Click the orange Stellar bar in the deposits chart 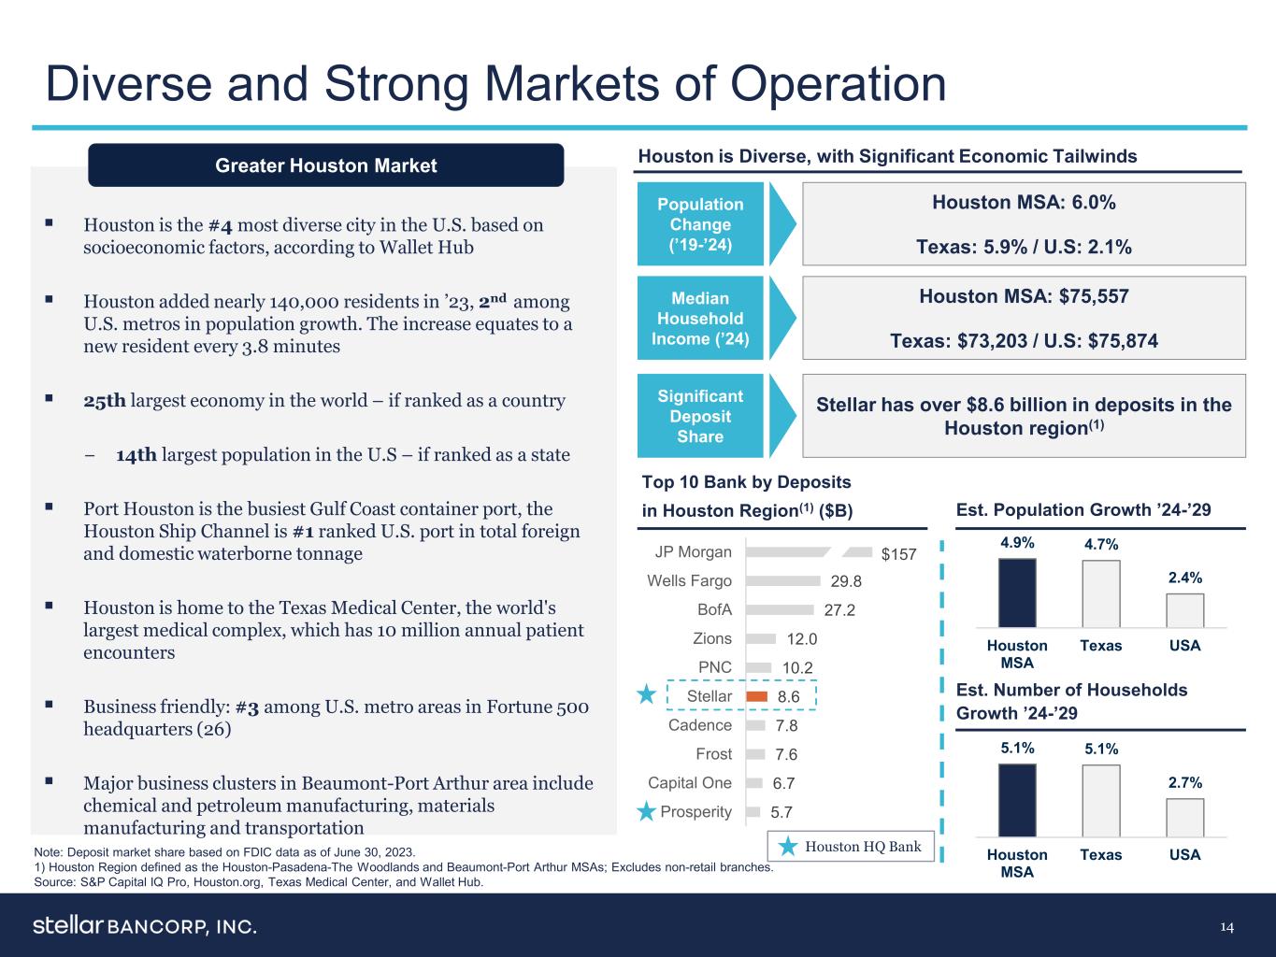tap(757, 696)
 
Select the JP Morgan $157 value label tap(899, 554)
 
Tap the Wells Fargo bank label tap(689, 581)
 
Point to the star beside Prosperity tap(646, 811)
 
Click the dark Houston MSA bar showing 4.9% tap(1017, 593)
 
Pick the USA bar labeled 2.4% tap(1184, 610)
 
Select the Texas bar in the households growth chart tap(1100, 801)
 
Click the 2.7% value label tap(1184, 782)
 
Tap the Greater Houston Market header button tap(325, 165)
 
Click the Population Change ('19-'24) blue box tap(700, 224)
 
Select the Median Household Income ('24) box tap(700, 318)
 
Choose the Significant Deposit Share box tap(700, 416)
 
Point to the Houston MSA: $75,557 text tap(1024, 296)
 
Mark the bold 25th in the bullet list tap(104, 401)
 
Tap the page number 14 tap(1226, 926)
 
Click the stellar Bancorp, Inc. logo tap(145, 926)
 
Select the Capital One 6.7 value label tap(782, 783)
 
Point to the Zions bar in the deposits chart tap(761, 639)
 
